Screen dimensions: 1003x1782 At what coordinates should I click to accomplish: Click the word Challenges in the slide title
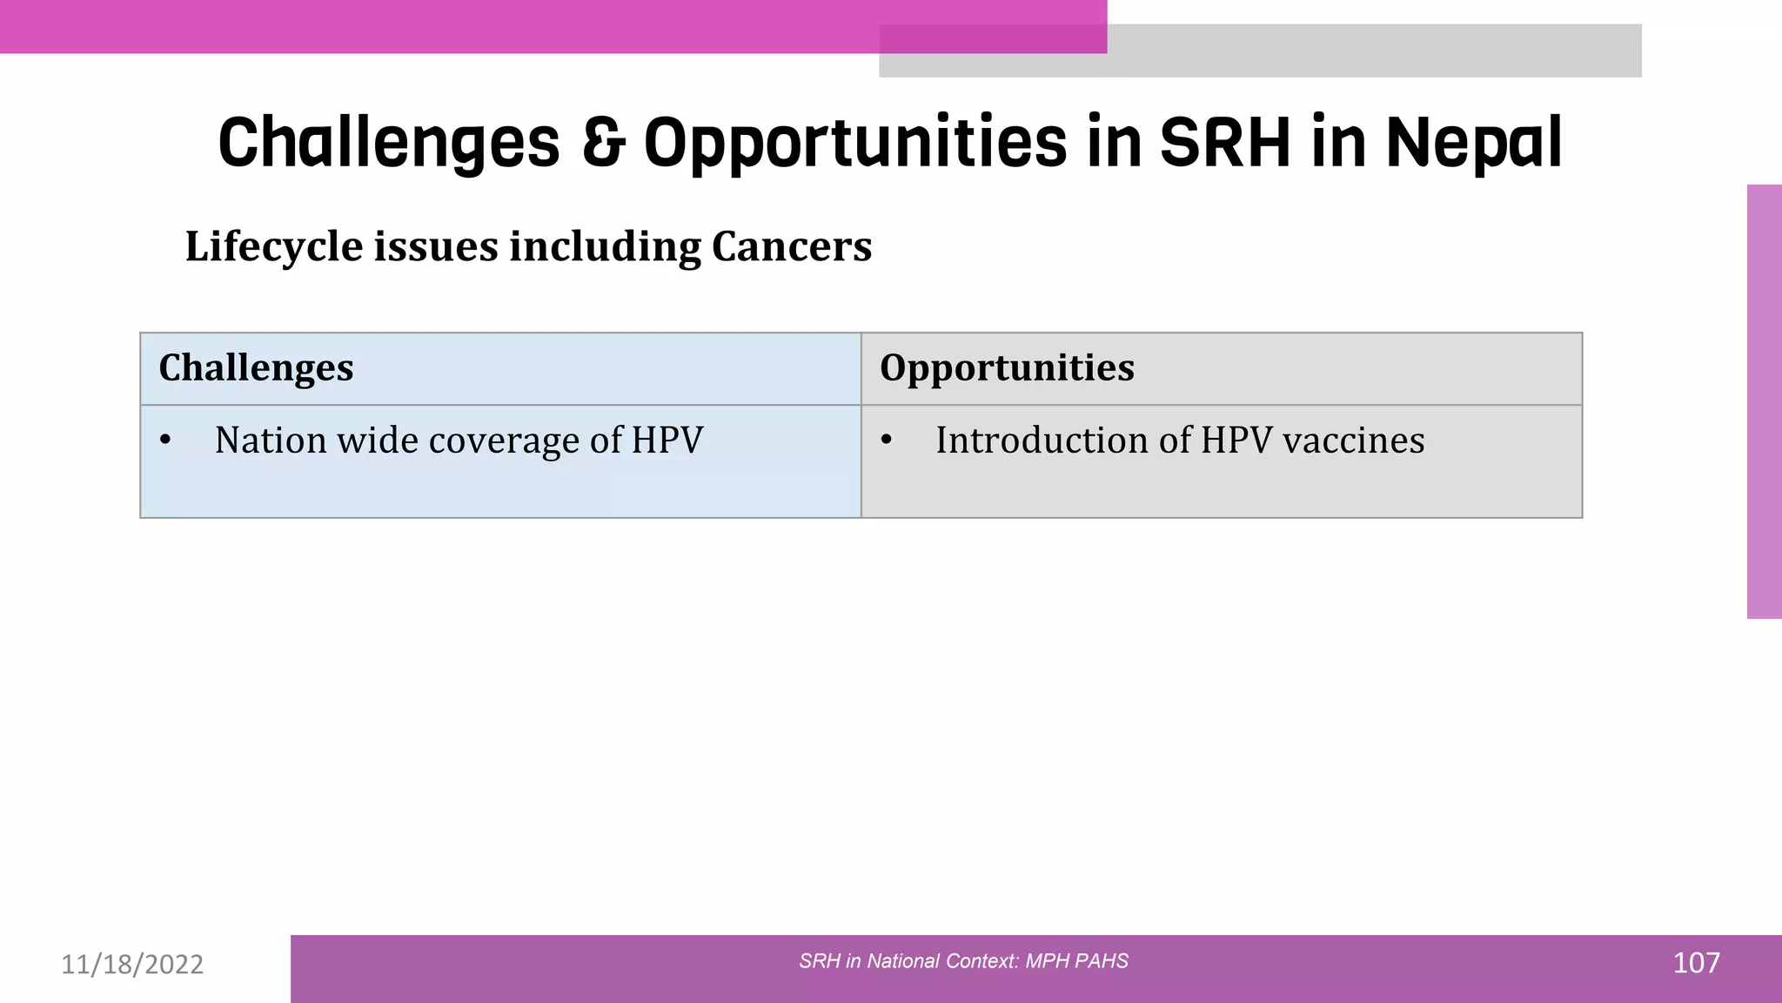click(x=389, y=144)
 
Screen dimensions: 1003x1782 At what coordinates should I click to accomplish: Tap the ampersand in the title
click(x=603, y=142)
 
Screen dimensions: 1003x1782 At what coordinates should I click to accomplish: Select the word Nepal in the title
click(x=1474, y=142)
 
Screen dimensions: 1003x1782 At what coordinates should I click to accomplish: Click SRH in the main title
click(x=1225, y=142)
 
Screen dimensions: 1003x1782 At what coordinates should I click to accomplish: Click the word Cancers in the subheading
click(x=791, y=246)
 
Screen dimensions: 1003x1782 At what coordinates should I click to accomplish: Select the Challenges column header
click(x=256, y=367)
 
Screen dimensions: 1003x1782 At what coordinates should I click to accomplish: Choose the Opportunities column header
click(x=1007, y=367)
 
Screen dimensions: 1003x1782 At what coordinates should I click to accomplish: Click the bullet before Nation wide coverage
click(x=165, y=440)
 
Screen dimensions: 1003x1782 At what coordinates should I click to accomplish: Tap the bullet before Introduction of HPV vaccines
click(x=886, y=440)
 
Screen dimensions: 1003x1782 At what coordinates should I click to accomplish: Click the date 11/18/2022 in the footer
click(x=132, y=964)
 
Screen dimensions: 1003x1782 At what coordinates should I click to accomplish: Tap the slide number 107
click(x=1696, y=963)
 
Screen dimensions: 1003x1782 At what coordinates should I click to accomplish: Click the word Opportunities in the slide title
click(x=854, y=144)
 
